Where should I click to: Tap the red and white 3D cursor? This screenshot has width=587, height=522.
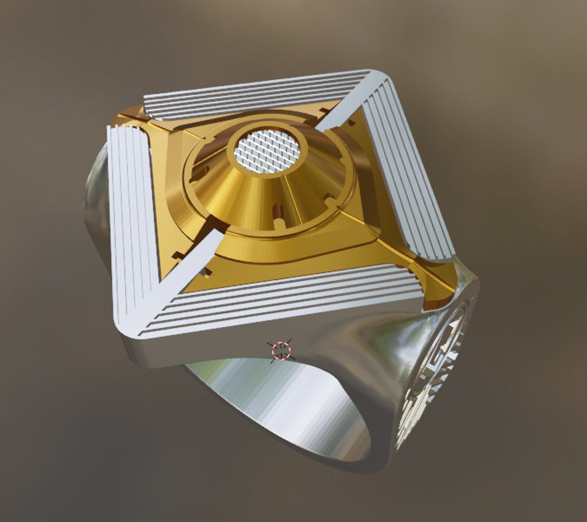[x=281, y=351]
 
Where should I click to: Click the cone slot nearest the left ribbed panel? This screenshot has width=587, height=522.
[x=199, y=173]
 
